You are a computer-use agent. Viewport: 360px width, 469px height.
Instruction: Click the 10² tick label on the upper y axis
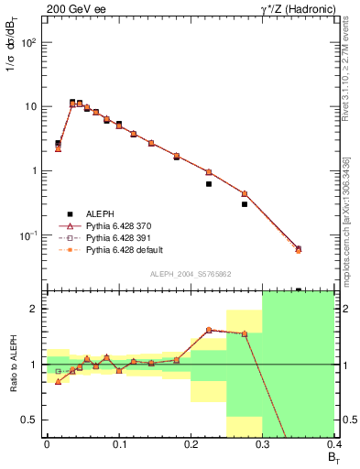tap(28, 42)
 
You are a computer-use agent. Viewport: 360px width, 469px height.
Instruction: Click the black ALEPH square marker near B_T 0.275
tap(245, 204)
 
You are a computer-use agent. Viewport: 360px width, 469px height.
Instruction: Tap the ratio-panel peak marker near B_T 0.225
tap(209, 330)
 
